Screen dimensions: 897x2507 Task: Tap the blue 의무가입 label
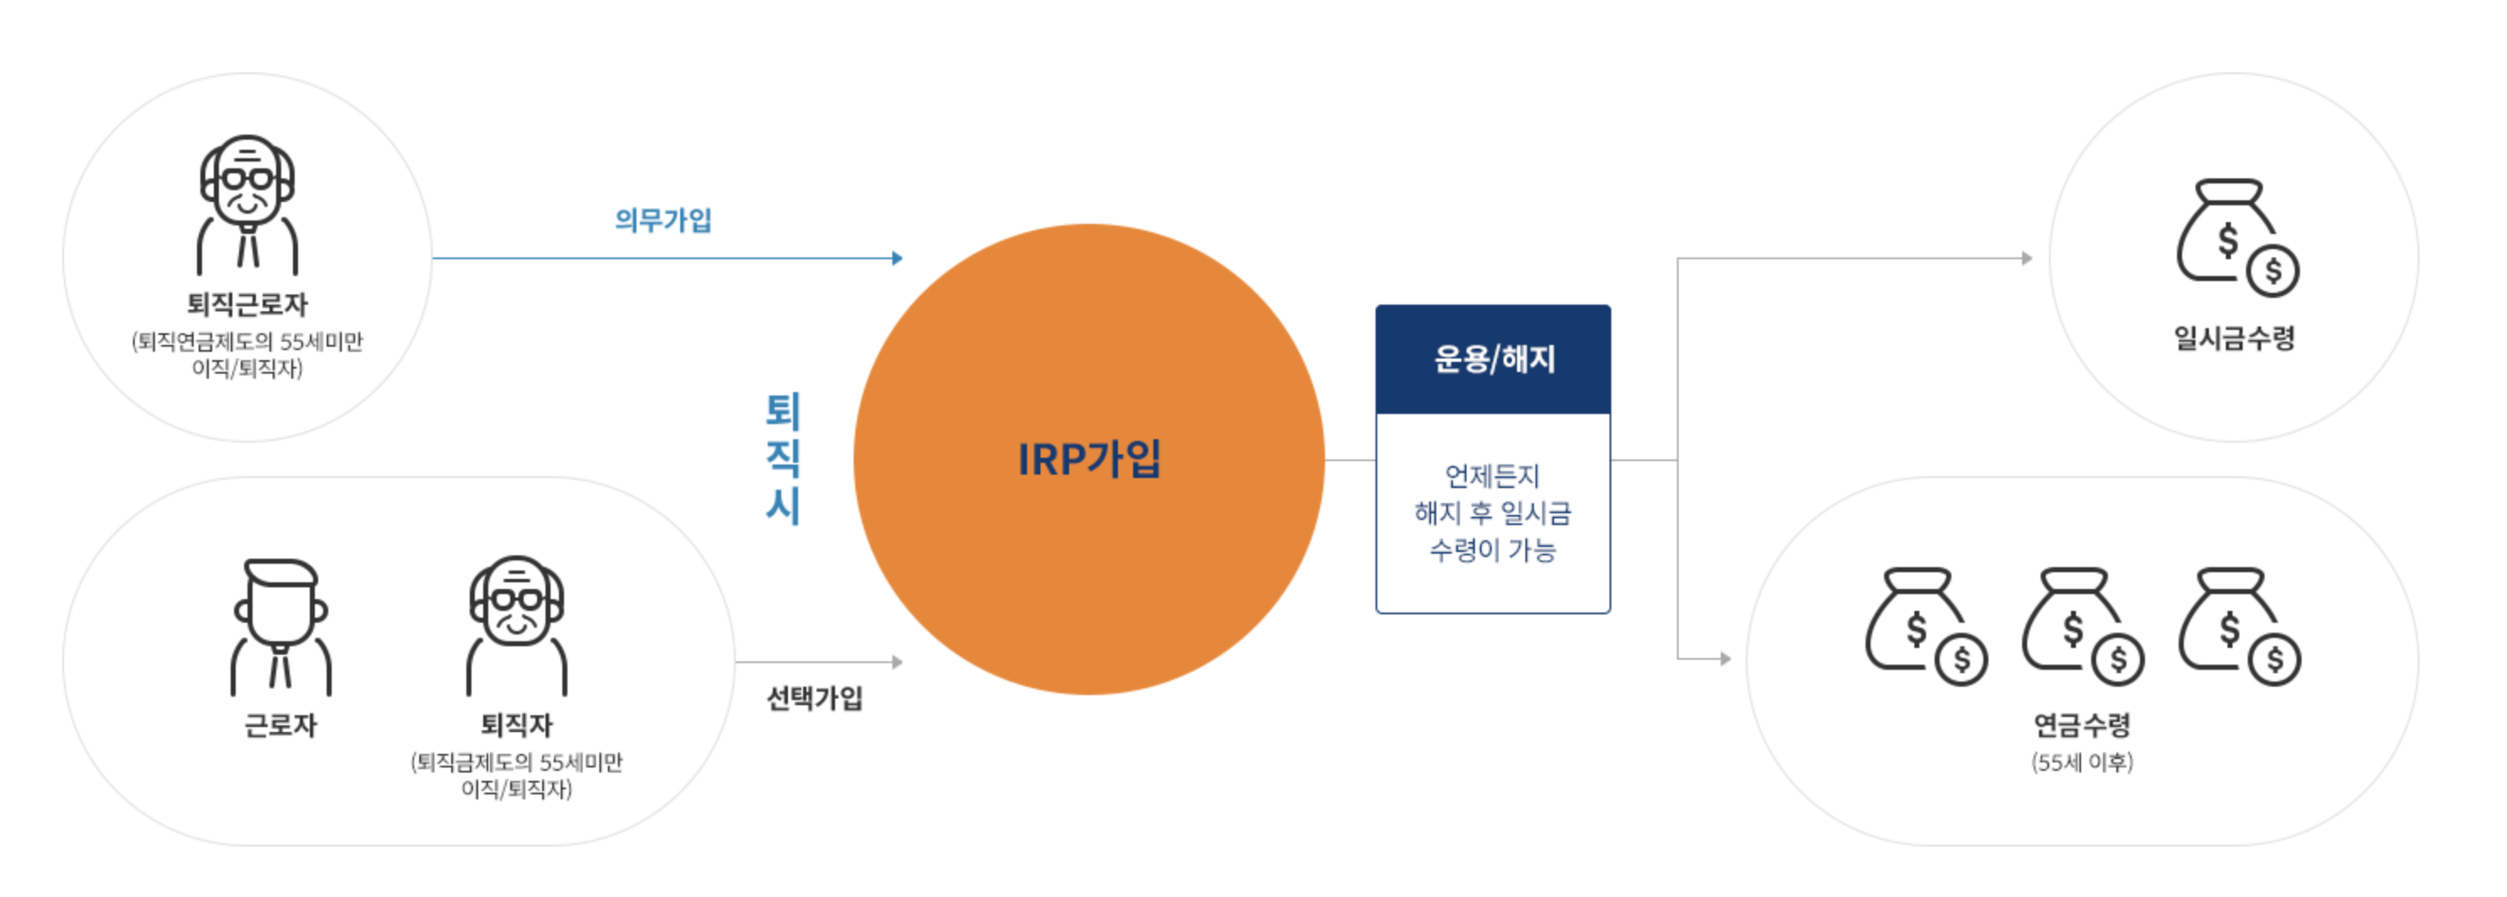[x=663, y=220]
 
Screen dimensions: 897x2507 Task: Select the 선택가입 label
[x=815, y=698]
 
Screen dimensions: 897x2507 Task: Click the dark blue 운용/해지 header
[x=1493, y=359]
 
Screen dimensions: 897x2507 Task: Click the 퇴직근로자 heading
[x=248, y=305]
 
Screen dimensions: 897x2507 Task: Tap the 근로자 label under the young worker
[x=280, y=724]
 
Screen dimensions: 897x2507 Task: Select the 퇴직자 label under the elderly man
[x=516, y=724]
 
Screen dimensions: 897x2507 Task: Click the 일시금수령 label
[x=2234, y=337]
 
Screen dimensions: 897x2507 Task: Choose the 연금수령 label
[x=2082, y=724]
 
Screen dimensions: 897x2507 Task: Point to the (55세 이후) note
[x=2082, y=762]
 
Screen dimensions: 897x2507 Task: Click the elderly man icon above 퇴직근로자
[x=248, y=204]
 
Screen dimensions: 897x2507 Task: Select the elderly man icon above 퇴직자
[x=516, y=624]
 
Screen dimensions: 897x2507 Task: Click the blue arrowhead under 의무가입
[x=897, y=257]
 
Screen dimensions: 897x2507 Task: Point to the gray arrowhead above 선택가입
[x=897, y=661]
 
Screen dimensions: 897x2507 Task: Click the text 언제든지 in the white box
[x=1492, y=475]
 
